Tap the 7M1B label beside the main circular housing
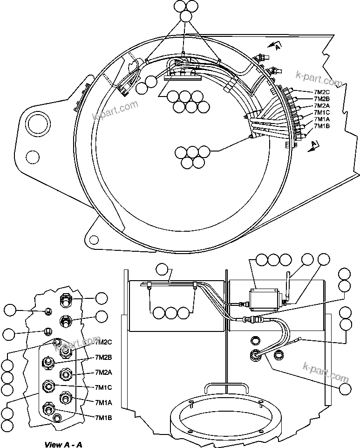(x=322, y=126)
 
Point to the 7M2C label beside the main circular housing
(x=322, y=92)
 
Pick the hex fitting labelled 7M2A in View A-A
(x=65, y=373)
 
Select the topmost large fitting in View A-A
(x=66, y=301)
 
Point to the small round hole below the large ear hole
(x=32, y=157)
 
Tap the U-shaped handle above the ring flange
(x=225, y=387)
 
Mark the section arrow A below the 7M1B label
(x=315, y=145)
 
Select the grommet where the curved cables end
(x=255, y=356)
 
